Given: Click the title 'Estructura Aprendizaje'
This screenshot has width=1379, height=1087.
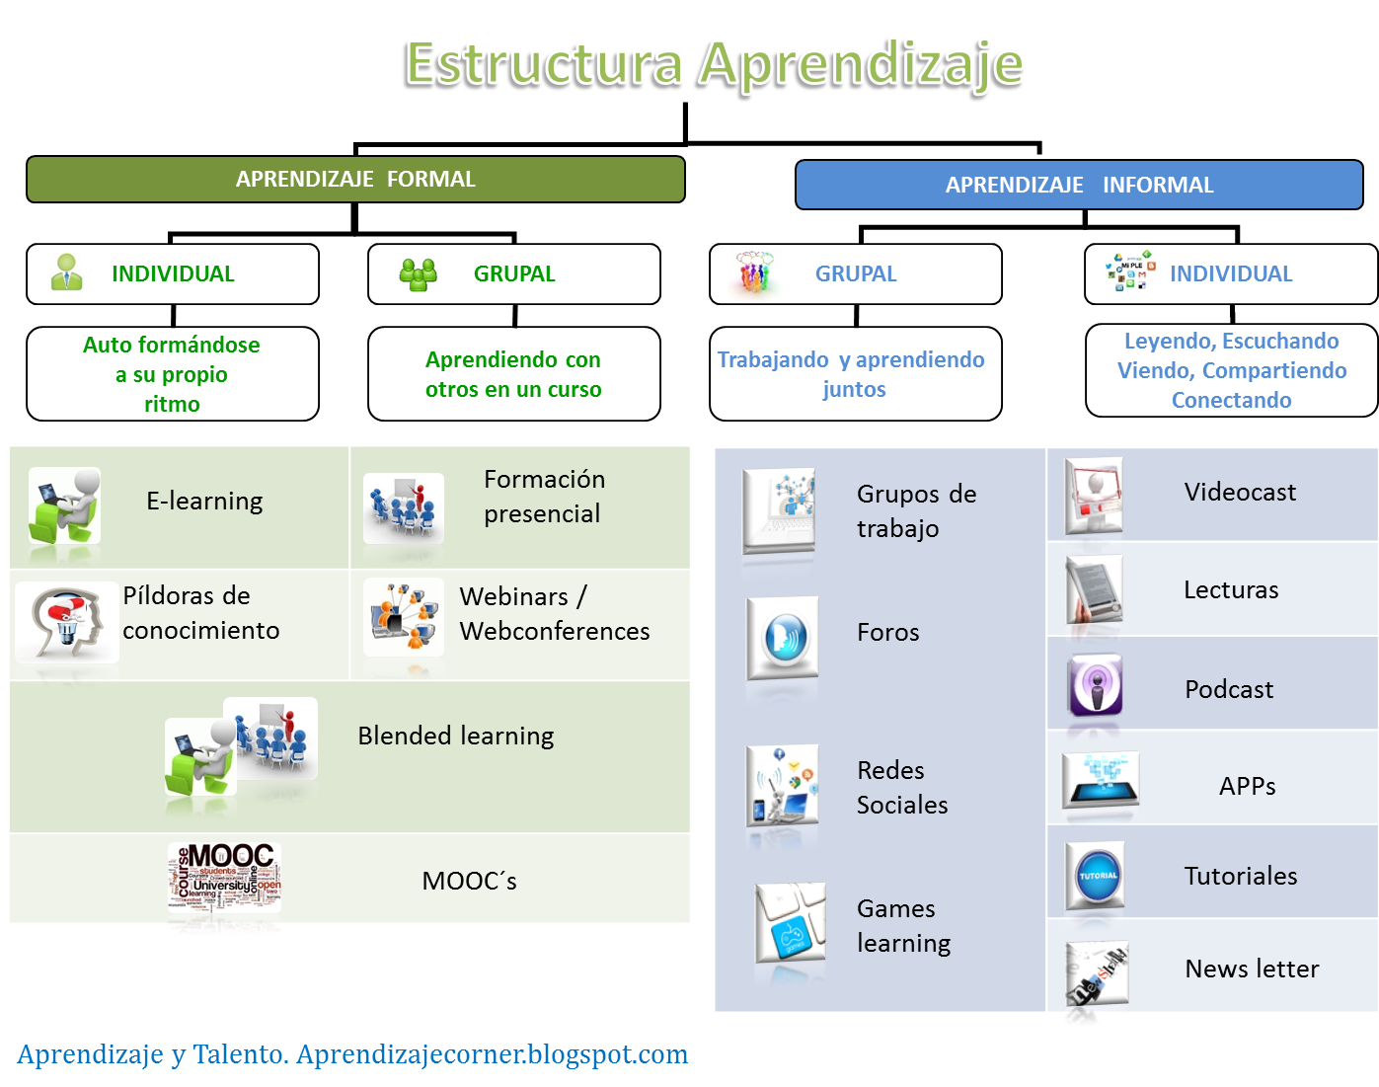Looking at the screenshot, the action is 714,65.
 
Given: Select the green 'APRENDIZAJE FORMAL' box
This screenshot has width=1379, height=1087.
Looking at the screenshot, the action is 355,180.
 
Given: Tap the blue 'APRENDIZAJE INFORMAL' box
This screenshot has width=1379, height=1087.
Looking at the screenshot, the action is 1079,186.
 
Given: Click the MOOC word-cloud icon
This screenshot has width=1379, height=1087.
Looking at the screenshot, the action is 224,878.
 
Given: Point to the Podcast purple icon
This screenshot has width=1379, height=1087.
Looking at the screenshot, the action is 1095,686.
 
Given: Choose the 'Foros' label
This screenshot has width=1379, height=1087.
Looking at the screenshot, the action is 887,633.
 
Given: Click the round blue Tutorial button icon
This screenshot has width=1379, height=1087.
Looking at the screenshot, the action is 1097,876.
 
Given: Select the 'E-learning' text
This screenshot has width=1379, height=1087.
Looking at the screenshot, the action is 204,502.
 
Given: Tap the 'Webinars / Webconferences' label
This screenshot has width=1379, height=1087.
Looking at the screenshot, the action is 554,614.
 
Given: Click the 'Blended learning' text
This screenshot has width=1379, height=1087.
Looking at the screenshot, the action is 455,737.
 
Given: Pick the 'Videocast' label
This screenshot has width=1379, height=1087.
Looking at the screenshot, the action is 1240,493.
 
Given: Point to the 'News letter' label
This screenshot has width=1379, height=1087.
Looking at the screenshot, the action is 1252,970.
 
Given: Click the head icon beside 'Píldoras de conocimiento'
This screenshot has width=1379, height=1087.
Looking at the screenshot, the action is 65,621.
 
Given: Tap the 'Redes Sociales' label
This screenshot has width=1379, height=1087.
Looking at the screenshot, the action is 901,788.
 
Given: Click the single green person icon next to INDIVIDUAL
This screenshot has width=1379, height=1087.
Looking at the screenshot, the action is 67,273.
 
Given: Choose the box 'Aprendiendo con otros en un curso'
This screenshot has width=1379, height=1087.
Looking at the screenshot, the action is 513,374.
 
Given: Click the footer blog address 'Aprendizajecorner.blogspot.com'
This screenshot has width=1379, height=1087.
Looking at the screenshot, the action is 492,1055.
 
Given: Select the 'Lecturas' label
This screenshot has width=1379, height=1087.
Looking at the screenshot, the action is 1231,590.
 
